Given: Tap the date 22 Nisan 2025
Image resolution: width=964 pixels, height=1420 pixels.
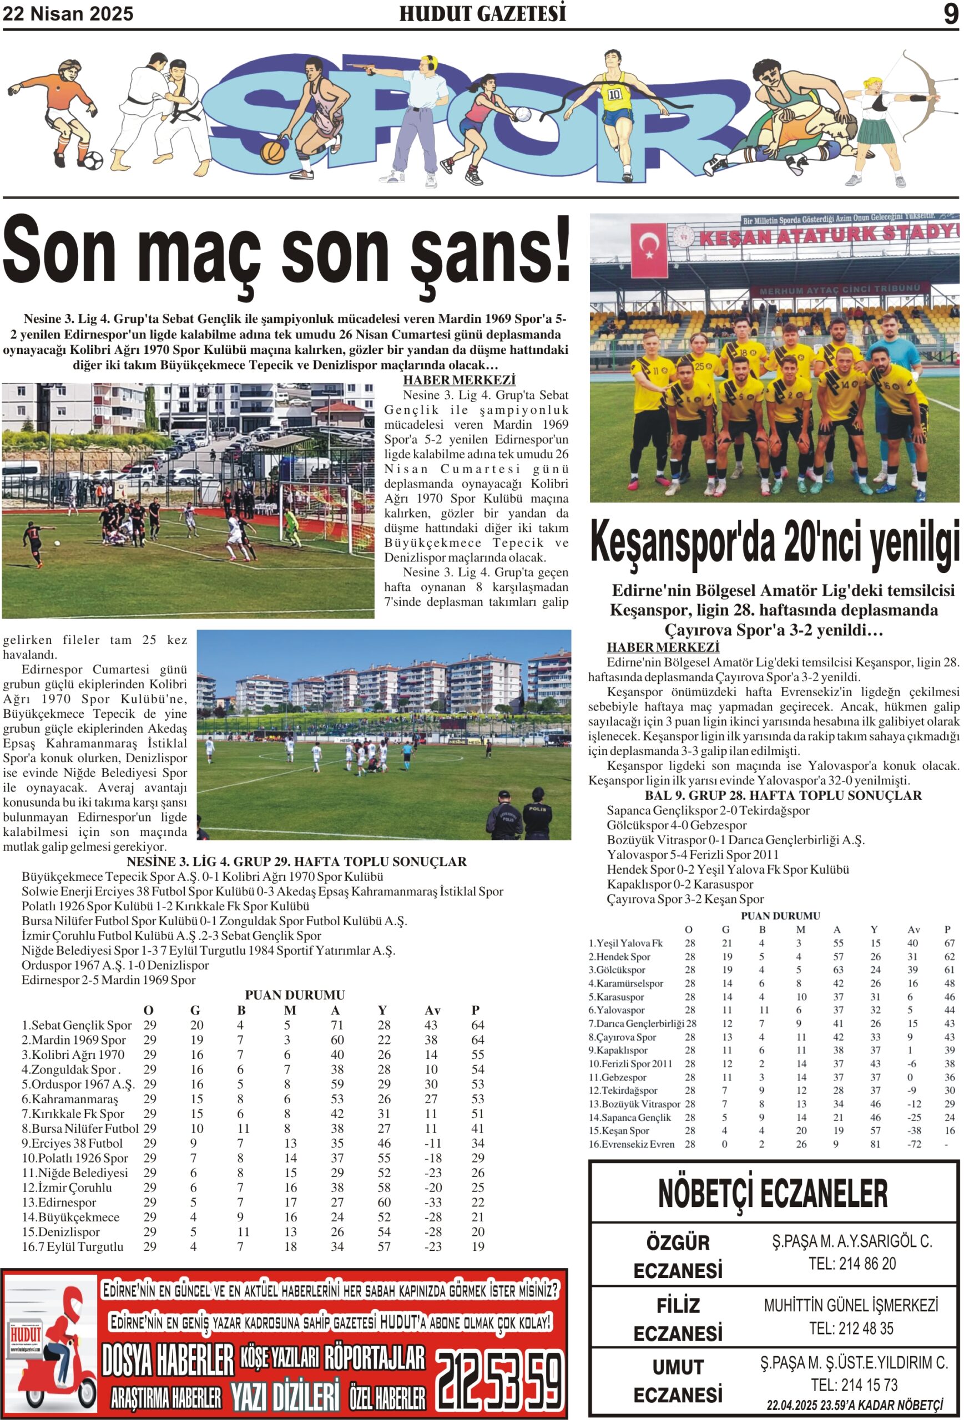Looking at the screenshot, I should (68, 14).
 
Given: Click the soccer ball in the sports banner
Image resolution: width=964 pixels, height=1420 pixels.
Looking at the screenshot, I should (93, 161).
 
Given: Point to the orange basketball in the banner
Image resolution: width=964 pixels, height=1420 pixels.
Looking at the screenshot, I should (272, 152).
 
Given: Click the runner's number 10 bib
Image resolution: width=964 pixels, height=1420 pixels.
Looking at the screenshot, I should (614, 94).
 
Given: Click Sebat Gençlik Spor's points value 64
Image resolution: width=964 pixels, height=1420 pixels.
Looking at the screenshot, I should (477, 1025).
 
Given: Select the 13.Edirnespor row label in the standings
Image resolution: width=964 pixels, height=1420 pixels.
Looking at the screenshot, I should (59, 1202).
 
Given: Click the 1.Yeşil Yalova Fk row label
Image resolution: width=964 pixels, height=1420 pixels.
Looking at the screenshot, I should (625, 943).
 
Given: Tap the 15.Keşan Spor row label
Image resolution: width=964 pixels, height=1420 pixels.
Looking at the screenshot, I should (619, 1130).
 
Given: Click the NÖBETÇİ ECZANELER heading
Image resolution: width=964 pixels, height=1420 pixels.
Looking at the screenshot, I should (773, 1193).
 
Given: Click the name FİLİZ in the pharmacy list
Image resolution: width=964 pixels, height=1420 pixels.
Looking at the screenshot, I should (678, 1305).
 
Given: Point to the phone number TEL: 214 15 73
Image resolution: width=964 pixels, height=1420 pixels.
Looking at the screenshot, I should (854, 1384).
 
